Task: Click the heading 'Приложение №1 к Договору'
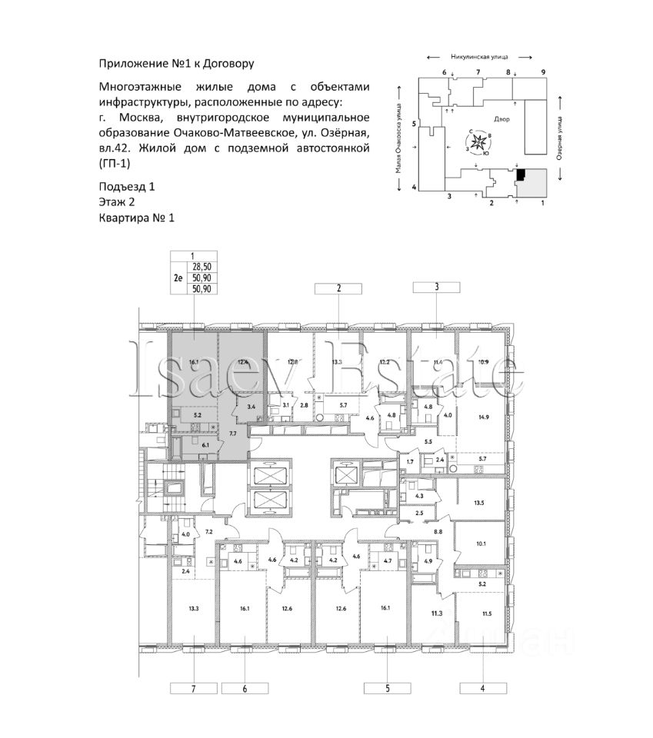pos(176,63)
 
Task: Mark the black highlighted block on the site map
pos(521,175)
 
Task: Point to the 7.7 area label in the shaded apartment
pos(232,434)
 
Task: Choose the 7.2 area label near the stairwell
pos(208,532)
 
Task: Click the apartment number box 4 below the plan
pos(481,689)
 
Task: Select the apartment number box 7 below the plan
pos(194,689)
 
